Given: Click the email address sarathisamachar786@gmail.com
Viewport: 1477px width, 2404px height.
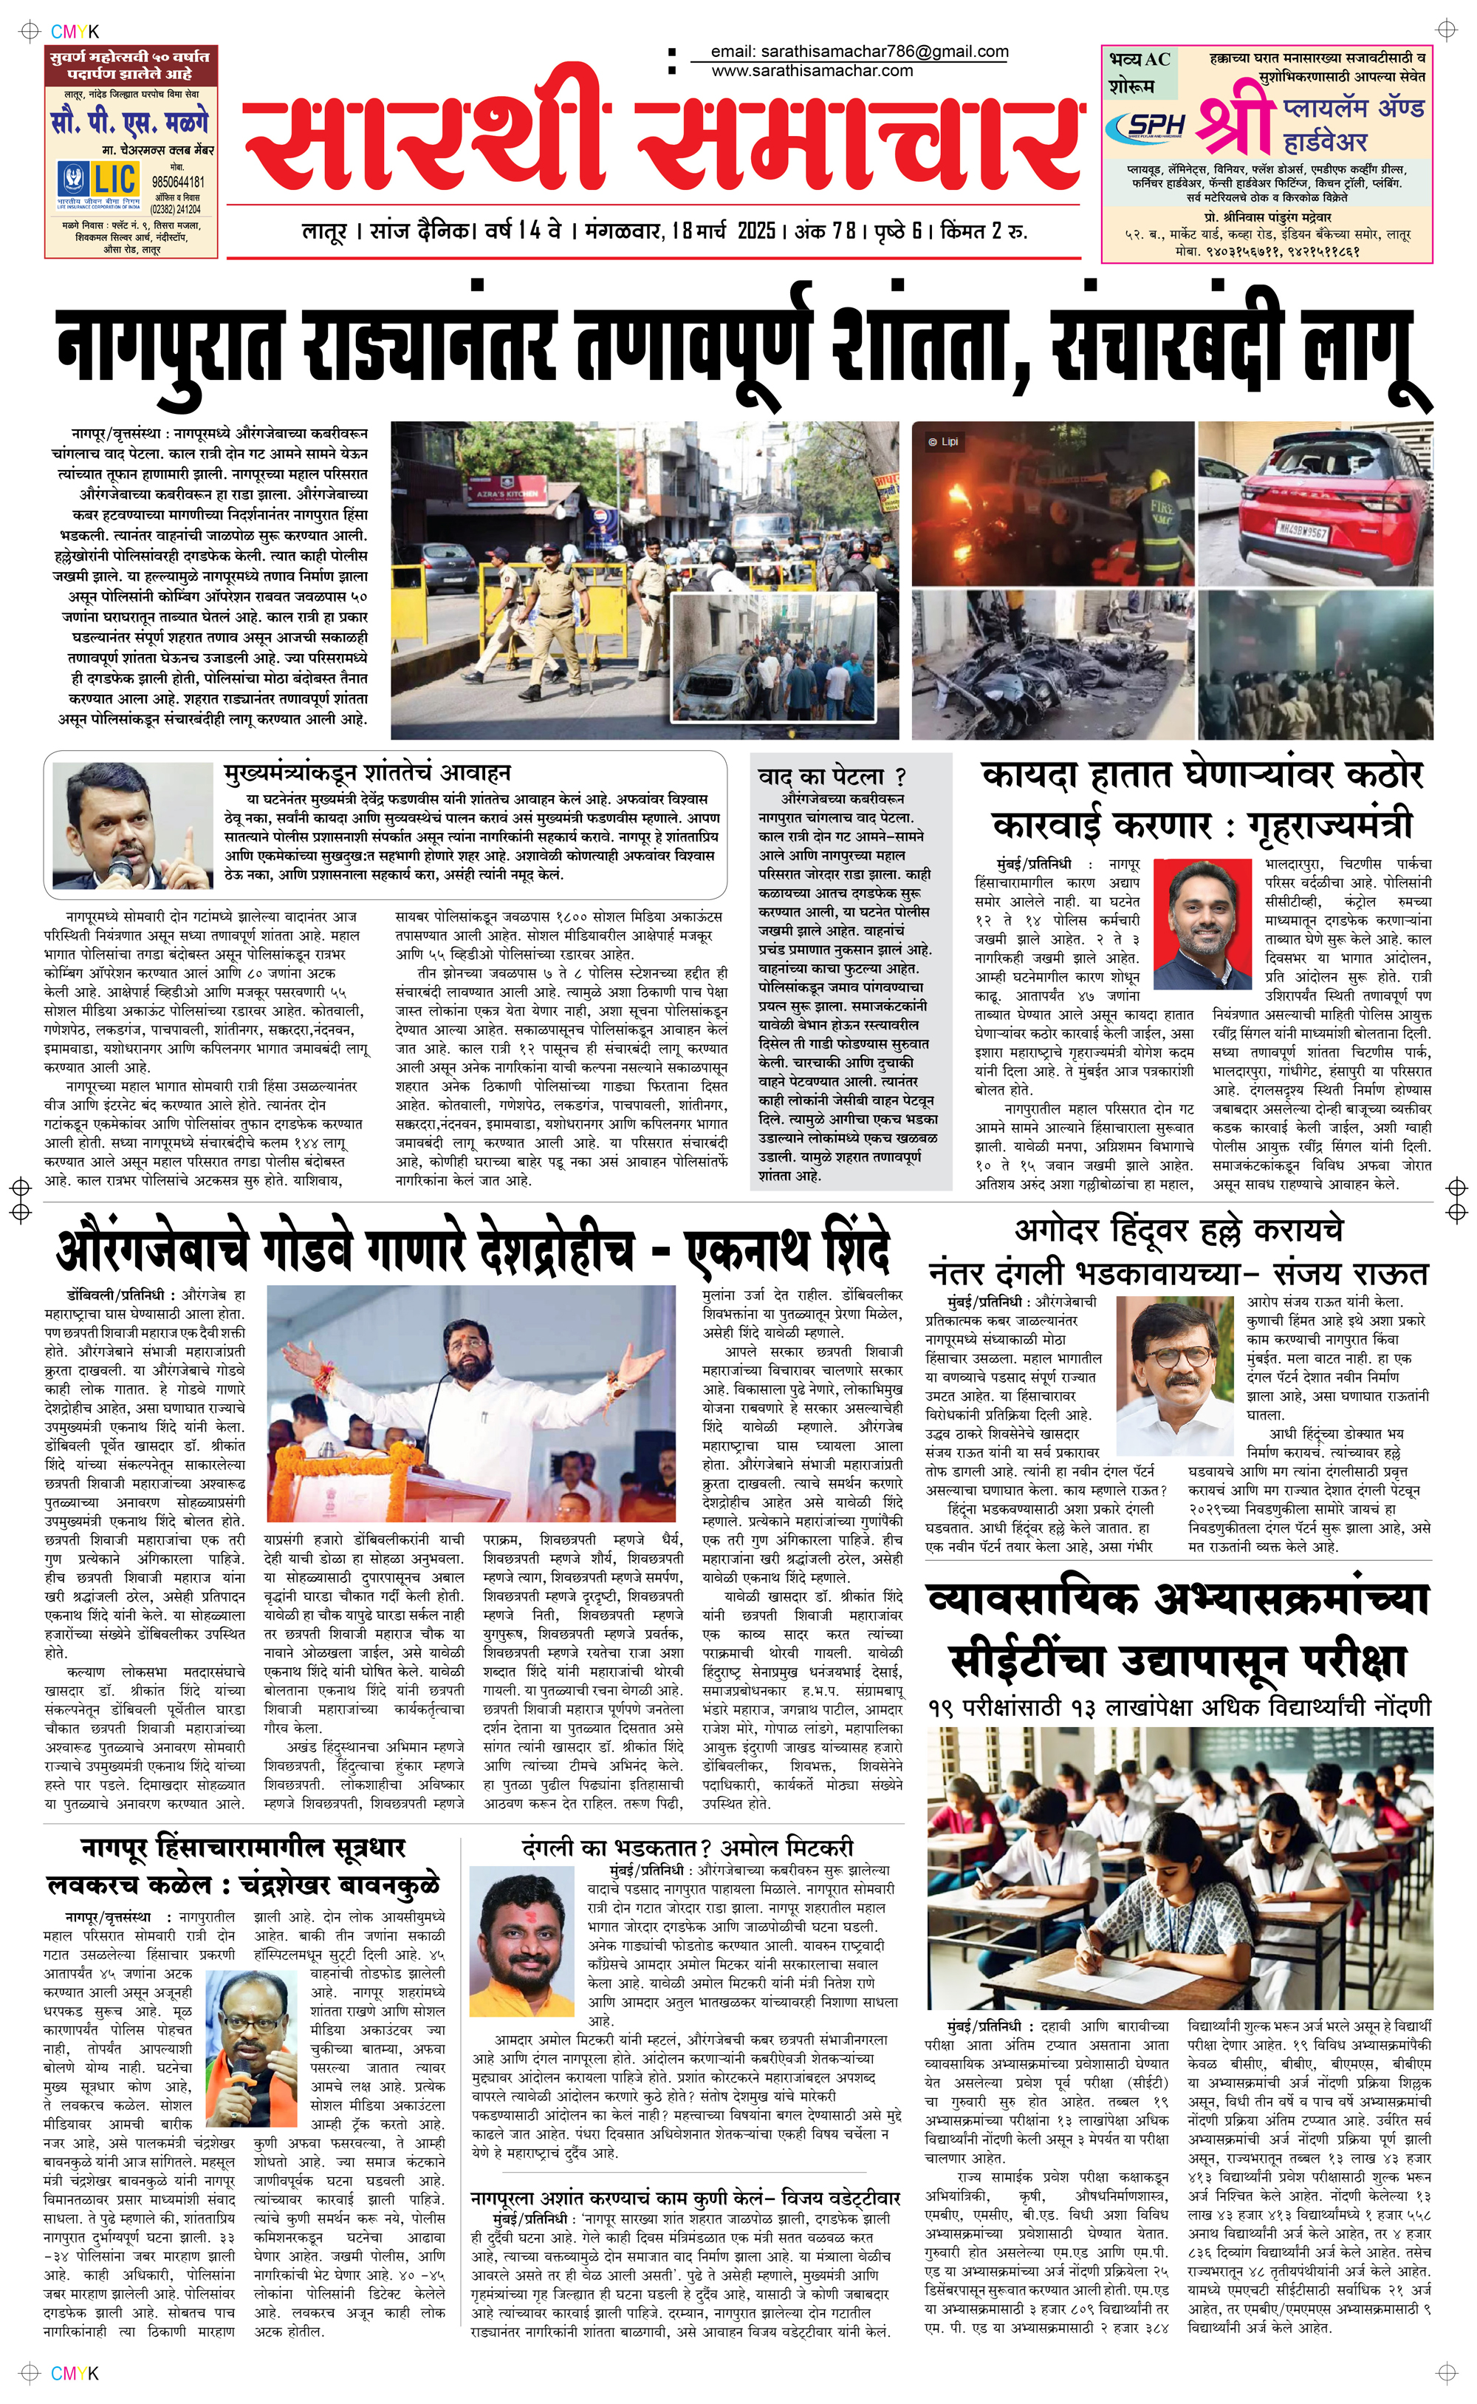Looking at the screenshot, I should (859, 52).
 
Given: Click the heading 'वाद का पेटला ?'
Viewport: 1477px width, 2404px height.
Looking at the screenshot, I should (832, 776).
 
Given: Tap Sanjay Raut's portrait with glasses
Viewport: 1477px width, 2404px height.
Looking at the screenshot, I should (1180, 1364).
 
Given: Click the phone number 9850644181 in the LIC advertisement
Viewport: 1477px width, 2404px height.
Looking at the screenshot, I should (178, 182).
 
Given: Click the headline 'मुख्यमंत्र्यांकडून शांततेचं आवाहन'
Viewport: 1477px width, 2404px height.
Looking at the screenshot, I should (366, 773).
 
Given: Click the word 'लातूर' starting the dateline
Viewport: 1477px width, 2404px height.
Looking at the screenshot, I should (323, 233).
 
